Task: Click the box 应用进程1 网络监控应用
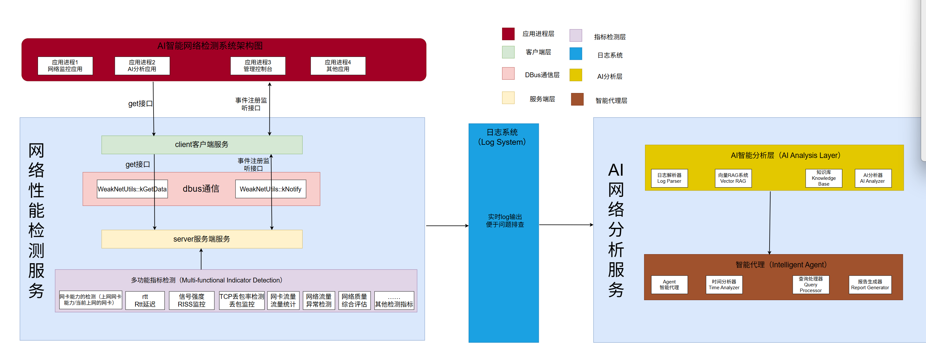(65, 66)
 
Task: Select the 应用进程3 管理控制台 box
(258, 66)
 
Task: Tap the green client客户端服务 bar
(202, 145)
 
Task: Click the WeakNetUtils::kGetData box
(132, 189)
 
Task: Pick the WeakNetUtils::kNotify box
(270, 189)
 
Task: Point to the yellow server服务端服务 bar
(202, 239)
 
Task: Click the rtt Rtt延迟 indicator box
(145, 300)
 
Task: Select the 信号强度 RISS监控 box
(192, 300)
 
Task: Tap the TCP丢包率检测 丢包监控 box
(242, 300)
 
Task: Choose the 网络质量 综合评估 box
(354, 300)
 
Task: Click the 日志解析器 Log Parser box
(669, 178)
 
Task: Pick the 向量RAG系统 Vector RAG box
(733, 178)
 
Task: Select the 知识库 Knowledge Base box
(824, 178)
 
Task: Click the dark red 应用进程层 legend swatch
(508, 34)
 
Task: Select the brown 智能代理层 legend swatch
(577, 99)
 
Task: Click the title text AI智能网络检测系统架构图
(210, 46)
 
